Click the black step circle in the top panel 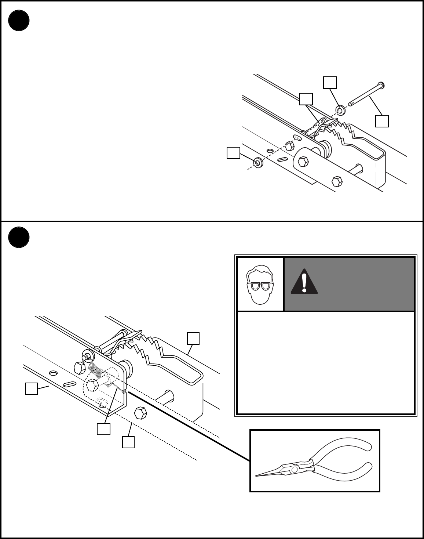click(x=19, y=20)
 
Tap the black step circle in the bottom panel click(x=19, y=237)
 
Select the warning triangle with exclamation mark click(x=304, y=282)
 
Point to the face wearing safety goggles click(x=260, y=284)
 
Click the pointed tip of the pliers click(x=257, y=476)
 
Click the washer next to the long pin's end click(x=340, y=109)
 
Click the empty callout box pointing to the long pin click(x=382, y=121)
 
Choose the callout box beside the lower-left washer click(x=233, y=153)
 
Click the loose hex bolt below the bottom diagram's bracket click(x=140, y=413)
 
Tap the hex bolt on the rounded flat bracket click(x=303, y=161)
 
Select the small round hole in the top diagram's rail click(x=270, y=151)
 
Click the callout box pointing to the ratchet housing click(x=193, y=338)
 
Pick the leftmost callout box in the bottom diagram click(x=31, y=388)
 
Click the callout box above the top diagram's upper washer click(x=330, y=83)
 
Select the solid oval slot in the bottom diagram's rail click(x=69, y=384)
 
